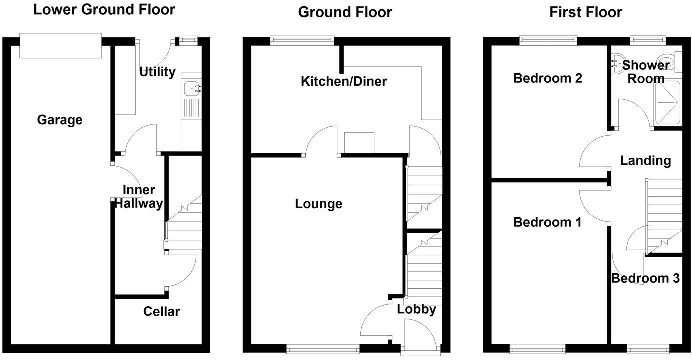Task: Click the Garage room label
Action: tap(60, 120)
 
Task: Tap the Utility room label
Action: tap(157, 72)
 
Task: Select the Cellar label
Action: tap(161, 312)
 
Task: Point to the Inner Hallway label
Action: tap(139, 197)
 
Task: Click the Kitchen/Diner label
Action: tap(344, 81)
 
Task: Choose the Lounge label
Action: tap(319, 204)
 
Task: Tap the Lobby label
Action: tap(416, 309)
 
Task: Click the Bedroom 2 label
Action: tap(548, 78)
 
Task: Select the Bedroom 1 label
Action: tap(547, 222)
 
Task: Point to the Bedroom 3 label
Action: tap(645, 278)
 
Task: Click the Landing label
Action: tap(645, 161)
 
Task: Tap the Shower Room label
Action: tap(646, 72)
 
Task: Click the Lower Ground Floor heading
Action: tap(104, 9)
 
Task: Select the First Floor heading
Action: tap(586, 12)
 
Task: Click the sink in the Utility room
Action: tap(192, 89)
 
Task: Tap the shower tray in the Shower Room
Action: tap(667, 103)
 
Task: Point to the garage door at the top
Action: tap(60, 46)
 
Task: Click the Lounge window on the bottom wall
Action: tap(323, 348)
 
